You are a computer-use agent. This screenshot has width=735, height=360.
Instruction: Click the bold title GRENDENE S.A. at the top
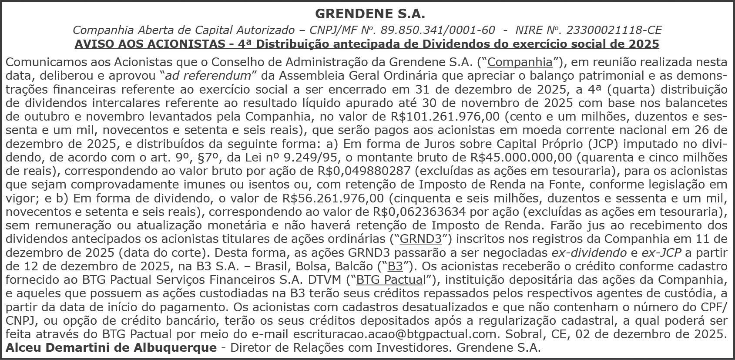[369, 14]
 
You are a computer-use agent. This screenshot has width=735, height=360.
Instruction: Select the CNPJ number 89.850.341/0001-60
[437, 30]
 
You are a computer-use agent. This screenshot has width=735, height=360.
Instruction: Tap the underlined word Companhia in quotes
[520, 62]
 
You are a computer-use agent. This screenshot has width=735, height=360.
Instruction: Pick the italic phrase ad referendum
[208, 76]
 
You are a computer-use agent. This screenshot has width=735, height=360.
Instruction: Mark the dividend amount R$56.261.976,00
[333, 199]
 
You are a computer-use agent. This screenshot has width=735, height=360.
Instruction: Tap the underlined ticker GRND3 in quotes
[420, 239]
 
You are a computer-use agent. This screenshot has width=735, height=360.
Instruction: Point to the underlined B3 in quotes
[395, 266]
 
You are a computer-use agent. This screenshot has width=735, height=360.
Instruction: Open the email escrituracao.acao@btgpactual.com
[395, 334]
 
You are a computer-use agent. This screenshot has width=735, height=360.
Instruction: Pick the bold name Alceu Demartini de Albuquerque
[111, 348]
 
